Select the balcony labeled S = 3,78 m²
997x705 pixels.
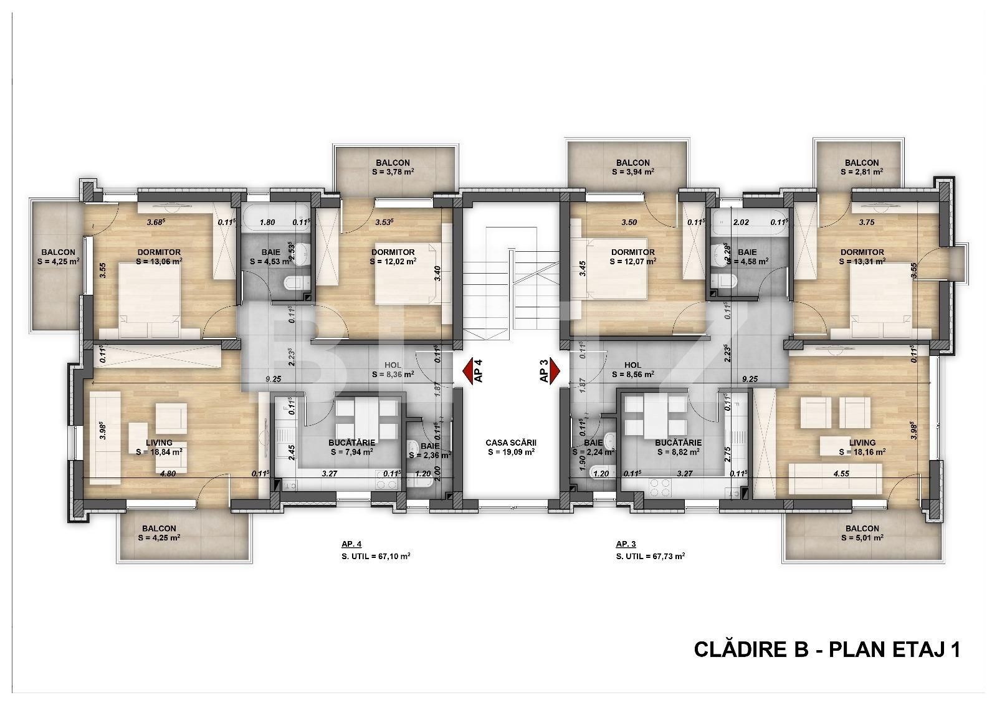point(393,167)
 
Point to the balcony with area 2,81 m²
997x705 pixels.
point(862,167)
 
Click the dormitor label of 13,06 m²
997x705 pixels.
point(159,257)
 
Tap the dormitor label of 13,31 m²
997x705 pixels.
point(862,257)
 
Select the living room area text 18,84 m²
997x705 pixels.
point(159,453)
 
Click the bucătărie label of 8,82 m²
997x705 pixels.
point(678,448)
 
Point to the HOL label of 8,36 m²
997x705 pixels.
point(393,370)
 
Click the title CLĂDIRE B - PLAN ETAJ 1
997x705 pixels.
point(827,650)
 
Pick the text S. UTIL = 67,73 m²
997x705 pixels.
point(650,556)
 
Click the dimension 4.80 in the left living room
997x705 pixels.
point(167,473)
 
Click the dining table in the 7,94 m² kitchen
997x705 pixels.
point(366,416)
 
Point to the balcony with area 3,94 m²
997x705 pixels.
point(634,167)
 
